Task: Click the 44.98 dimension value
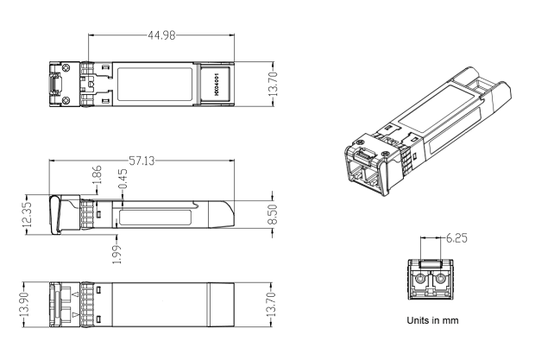(x=161, y=35)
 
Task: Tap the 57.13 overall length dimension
(x=142, y=161)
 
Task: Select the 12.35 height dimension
(x=27, y=214)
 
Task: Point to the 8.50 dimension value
(x=273, y=214)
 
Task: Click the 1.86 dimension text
(x=98, y=174)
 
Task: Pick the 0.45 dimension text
(x=123, y=179)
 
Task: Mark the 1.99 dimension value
(x=116, y=254)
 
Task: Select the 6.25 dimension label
(x=456, y=238)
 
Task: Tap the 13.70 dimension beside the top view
(x=273, y=84)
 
